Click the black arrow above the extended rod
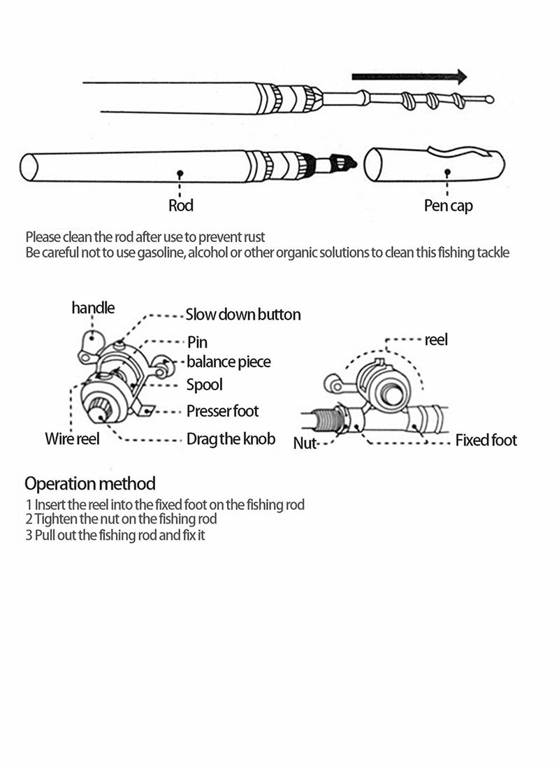tap(409, 76)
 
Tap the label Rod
tap(181, 206)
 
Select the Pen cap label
tap(448, 206)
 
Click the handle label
tap(93, 308)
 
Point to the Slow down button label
tap(243, 315)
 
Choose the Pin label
tap(197, 342)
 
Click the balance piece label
tap(228, 362)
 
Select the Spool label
tap(204, 385)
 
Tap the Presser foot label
tap(222, 411)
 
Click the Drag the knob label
tap(231, 439)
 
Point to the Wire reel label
tap(73, 439)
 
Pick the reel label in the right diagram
tap(436, 340)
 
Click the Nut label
tap(305, 442)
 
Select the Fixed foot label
tap(486, 440)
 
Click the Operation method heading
tap(90, 483)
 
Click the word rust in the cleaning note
tap(252, 236)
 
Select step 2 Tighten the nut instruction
tap(121, 519)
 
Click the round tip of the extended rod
tap(489, 99)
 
